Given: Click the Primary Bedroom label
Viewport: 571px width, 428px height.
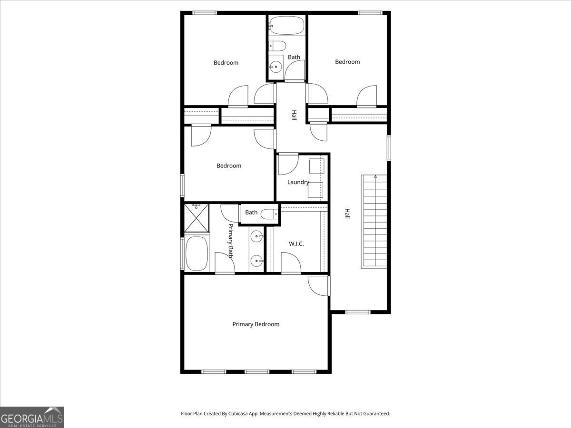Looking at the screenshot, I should click(x=256, y=324).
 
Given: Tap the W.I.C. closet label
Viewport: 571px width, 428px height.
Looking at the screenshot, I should click(x=296, y=244).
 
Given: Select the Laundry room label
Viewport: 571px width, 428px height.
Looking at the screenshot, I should click(x=298, y=182).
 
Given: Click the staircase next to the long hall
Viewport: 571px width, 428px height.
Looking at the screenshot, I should click(x=374, y=221).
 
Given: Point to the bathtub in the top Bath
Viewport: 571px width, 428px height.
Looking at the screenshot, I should click(x=286, y=26).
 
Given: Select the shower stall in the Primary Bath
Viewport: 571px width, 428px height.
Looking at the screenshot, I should click(x=197, y=218).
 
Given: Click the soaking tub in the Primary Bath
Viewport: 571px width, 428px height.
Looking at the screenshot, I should click(x=197, y=253).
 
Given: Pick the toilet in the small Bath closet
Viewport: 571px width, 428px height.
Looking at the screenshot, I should click(x=270, y=214).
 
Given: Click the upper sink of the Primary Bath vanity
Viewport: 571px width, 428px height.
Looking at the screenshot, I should click(x=257, y=236).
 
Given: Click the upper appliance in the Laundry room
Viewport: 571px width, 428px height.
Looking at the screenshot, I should click(x=316, y=166).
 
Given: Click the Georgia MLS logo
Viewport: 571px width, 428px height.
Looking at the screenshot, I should click(x=32, y=418).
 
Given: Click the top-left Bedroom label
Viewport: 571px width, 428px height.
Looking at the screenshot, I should click(x=226, y=63).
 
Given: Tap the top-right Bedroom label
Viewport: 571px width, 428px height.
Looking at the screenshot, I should click(x=347, y=62).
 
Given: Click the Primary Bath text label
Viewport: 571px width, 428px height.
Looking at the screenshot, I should click(x=231, y=241).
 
